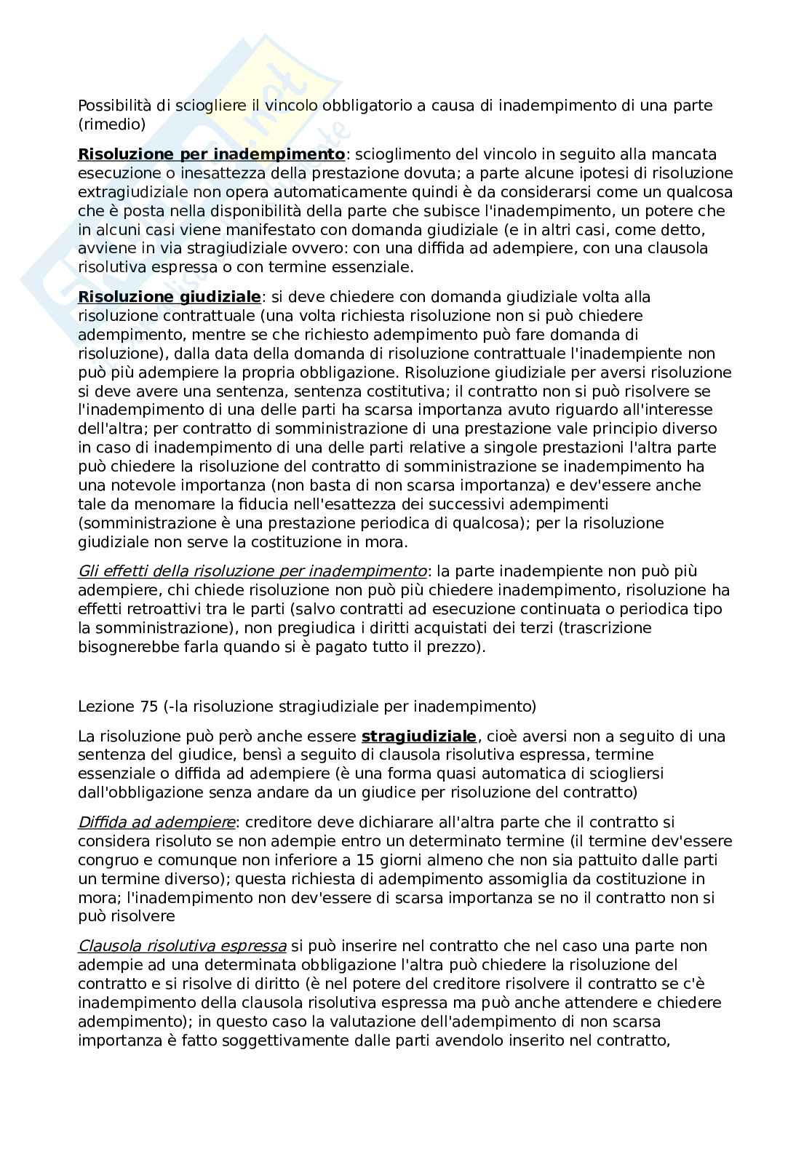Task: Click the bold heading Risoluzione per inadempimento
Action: (x=211, y=154)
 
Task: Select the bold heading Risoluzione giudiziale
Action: (x=169, y=297)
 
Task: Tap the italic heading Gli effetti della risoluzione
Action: (x=252, y=570)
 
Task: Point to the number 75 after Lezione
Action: (x=146, y=706)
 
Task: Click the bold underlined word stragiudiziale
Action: (x=418, y=736)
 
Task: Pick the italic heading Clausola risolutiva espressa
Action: (x=182, y=945)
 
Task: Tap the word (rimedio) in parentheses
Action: (x=111, y=124)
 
